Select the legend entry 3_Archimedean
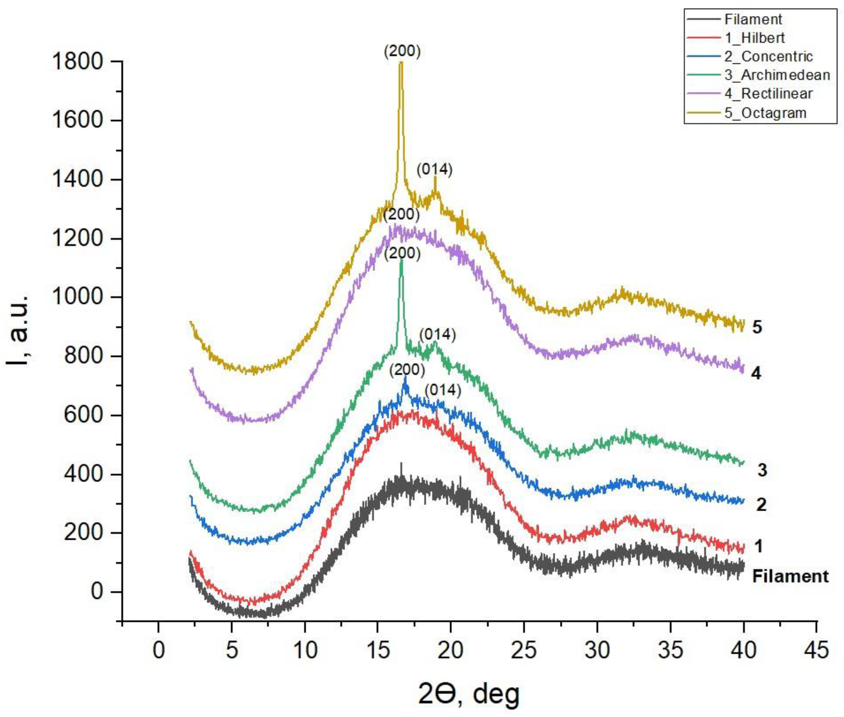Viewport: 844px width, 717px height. click(777, 75)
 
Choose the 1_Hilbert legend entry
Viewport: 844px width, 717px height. click(754, 38)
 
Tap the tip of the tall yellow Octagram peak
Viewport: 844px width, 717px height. click(401, 62)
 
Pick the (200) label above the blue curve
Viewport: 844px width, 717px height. click(407, 370)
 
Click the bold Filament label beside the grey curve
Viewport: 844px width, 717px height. click(790, 576)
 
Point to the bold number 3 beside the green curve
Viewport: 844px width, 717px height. click(762, 470)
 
